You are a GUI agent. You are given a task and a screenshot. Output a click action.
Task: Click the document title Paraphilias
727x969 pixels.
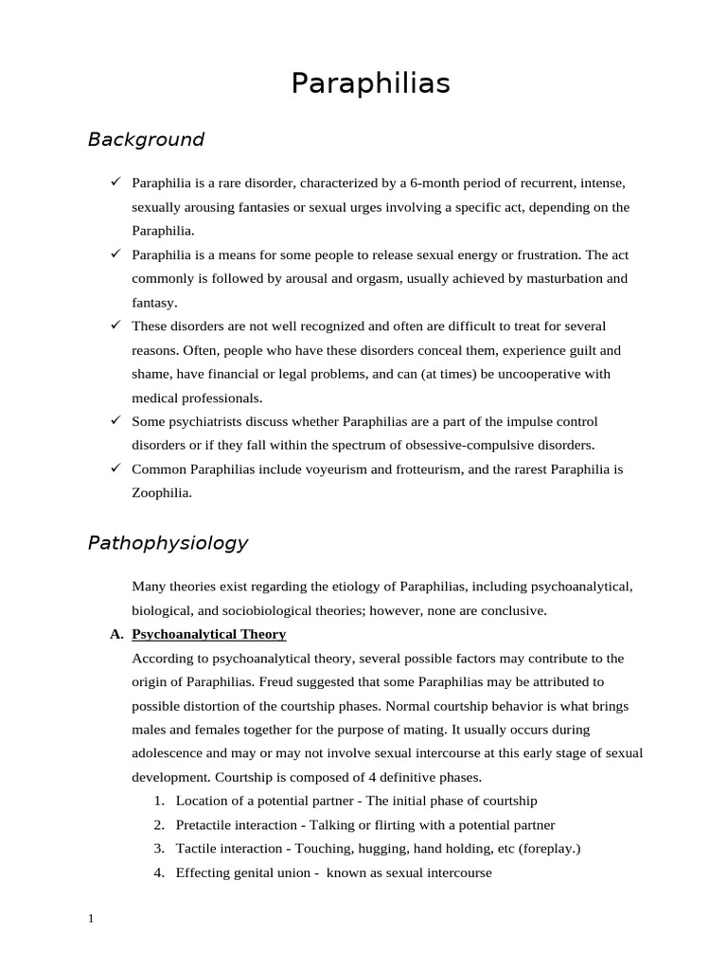pyautogui.click(x=370, y=84)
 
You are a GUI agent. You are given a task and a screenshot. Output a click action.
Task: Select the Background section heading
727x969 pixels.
pyautogui.click(x=146, y=140)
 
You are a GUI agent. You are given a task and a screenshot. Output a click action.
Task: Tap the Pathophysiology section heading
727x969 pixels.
pyautogui.click(x=168, y=543)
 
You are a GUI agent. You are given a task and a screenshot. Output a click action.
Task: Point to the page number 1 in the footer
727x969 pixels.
pyautogui.click(x=91, y=918)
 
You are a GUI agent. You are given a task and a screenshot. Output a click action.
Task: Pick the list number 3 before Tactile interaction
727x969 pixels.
pyautogui.click(x=159, y=849)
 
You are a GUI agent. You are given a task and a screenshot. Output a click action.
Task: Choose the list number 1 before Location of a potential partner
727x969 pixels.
pyautogui.click(x=159, y=801)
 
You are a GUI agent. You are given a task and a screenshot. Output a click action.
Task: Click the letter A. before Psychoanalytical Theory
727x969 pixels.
pyautogui.click(x=116, y=634)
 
